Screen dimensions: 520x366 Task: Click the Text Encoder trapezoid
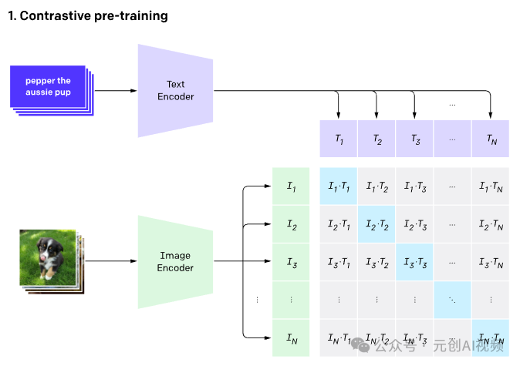pos(175,91)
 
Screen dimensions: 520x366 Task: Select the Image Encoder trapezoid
pos(175,262)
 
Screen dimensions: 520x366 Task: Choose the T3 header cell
pos(414,139)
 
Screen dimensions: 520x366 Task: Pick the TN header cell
pos(491,139)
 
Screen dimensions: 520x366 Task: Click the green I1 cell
pos(291,186)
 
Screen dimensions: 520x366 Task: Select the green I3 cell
pos(291,262)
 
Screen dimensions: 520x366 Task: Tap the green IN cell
pos(291,337)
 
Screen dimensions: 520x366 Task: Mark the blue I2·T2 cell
pos(376,224)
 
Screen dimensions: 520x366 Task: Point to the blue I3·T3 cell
pos(414,262)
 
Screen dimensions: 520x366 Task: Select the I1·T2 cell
pos(376,186)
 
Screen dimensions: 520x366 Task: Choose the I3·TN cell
pos(491,262)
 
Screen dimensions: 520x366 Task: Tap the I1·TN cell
pos(491,186)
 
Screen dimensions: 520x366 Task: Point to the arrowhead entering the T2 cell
pos(376,115)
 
